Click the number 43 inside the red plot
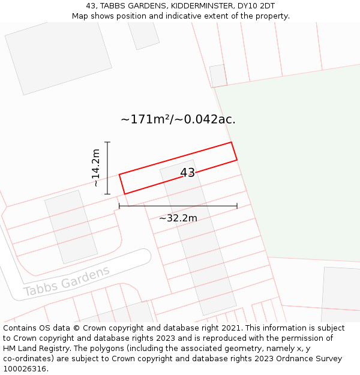[x=187, y=173]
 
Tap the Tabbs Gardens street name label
[x=67, y=281]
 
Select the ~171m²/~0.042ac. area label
[x=178, y=119]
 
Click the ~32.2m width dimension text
[x=178, y=218]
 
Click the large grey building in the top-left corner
[x=58, y=55]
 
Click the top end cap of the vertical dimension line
[x=107, y=142]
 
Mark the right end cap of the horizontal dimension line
[x=237, y=206]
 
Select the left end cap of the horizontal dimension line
[x=119, y=206]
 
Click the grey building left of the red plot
[x=71, y=227]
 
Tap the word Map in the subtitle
[x=80, y=16]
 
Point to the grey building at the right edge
[x=341, y=294]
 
